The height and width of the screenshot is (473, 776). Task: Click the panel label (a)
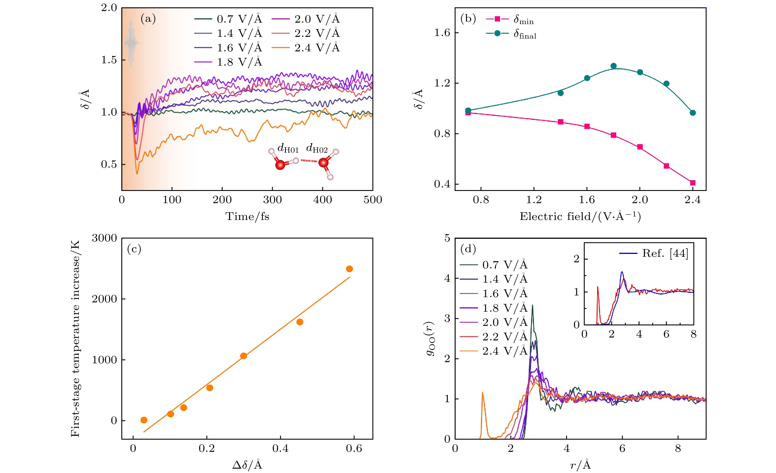(x=148, y=19)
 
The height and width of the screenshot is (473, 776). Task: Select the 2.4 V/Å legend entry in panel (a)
(x=317, y=48)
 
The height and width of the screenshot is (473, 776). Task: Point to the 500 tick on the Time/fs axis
(x=372, y=200)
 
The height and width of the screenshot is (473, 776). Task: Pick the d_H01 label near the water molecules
(x=288, y=148)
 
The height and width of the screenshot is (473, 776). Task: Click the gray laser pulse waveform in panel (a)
(x=131, y=43)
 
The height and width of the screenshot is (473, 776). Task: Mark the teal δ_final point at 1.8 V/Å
(x=613, y=66)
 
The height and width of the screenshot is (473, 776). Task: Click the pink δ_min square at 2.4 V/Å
(x=693, y=183)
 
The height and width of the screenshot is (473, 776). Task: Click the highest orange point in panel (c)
(x=349, y=269)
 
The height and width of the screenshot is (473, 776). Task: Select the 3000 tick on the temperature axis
(x=104, y=238)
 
